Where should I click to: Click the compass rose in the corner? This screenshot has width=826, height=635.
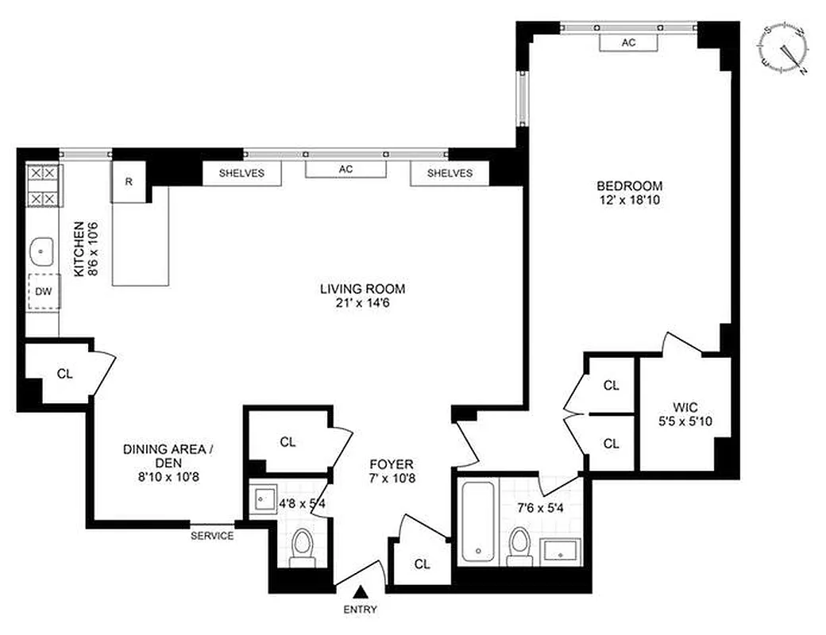point(784,49)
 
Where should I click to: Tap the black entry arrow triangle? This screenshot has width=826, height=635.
point(361,591)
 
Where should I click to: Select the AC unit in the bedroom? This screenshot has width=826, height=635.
point(628,43)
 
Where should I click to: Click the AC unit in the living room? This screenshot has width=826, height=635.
point(345,169)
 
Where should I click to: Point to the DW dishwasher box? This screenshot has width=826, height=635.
point(43,291)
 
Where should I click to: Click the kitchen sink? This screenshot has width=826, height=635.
point(41,252)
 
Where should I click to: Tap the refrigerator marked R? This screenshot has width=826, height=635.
point(129,181)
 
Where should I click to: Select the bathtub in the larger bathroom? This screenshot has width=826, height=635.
point(479,521)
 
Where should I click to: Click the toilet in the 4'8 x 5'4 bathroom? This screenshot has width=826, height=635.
point(302,547)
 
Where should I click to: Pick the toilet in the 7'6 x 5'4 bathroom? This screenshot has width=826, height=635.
point(520,545)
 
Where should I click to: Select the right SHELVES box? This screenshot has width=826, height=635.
point(450,173)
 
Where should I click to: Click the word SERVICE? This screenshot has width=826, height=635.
point(212,536)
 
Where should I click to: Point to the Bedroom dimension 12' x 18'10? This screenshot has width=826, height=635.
point(629,201)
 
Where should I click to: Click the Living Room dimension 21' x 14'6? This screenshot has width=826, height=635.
point(357,302)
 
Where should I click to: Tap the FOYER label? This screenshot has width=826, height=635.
point(392,464)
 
